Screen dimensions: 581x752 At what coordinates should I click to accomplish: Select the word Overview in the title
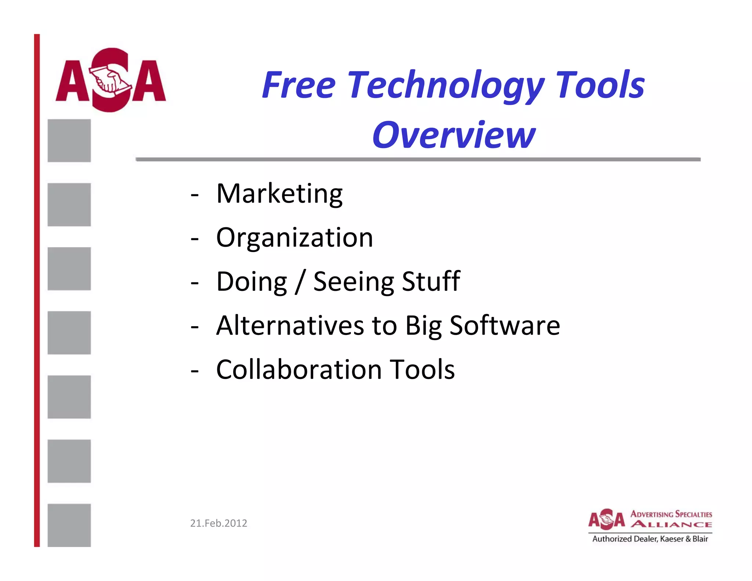pos(454,135)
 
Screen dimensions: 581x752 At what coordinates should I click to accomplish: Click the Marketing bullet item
pos(279,194)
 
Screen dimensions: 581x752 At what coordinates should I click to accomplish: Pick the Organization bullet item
pos(294,238)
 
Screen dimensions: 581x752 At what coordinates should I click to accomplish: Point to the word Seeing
pos(353,282)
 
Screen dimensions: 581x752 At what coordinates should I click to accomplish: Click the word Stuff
pos(431,281)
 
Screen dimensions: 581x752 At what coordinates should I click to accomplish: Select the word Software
pos(505,325)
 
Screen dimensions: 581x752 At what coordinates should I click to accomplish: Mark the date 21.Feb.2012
pos(218,523)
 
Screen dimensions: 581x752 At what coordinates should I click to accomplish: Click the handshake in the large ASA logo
pos(110,81)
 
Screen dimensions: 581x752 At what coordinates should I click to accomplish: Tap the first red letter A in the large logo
pos(72,81)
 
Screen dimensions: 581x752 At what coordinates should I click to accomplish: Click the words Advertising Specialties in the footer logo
pos(671,514)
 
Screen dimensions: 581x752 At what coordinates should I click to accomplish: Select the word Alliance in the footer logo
pos(671,524)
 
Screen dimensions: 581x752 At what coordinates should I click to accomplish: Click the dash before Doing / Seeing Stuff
pos(195,283)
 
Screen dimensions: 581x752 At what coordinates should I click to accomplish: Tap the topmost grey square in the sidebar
pos(69,141)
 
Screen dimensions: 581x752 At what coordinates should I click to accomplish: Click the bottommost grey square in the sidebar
pos(69,525)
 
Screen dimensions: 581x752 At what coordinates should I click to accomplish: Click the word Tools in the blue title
pos(600,85)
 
